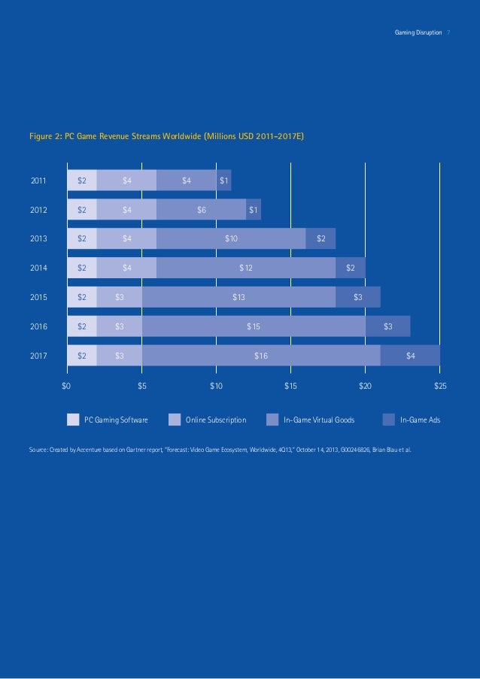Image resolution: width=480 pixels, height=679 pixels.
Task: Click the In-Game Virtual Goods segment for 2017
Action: point(261,356)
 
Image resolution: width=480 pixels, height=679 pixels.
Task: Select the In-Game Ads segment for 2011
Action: point(224,180)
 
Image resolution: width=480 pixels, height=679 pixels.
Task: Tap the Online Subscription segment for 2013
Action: point(126,239)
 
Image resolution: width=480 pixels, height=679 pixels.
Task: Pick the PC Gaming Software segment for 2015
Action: point(82,297)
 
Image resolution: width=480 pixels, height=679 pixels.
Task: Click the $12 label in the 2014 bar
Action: point(246,268)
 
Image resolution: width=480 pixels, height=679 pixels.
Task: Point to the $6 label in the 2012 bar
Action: point(202,210)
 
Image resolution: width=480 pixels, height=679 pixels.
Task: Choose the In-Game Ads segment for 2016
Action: point(387,326)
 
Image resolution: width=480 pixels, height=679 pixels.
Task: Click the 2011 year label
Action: point(38,180)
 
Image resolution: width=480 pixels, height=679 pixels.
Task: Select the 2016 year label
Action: point(38,326)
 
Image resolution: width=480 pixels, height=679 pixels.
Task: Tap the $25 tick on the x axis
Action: point(440,386)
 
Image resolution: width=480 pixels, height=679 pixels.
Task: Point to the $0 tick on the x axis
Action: point(66,386)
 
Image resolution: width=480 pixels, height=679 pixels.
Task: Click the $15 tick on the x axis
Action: point(290,386)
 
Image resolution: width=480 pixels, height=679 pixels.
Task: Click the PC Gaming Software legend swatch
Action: point(73,420)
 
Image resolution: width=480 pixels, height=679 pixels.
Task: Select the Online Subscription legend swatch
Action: point(175,420)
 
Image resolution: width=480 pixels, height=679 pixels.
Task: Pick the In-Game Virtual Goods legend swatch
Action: point(272,420)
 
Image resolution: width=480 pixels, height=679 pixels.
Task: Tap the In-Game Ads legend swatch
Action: point(389,420)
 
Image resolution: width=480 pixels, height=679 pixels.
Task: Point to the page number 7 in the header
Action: point(448,33)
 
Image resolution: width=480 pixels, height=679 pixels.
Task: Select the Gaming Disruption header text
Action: point(418,33)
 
